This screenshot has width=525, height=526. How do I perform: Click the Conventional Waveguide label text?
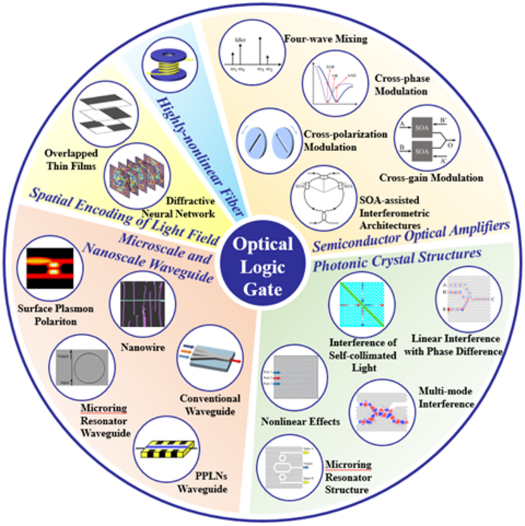(210, 404)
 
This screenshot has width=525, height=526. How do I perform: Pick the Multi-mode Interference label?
(449, 398)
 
